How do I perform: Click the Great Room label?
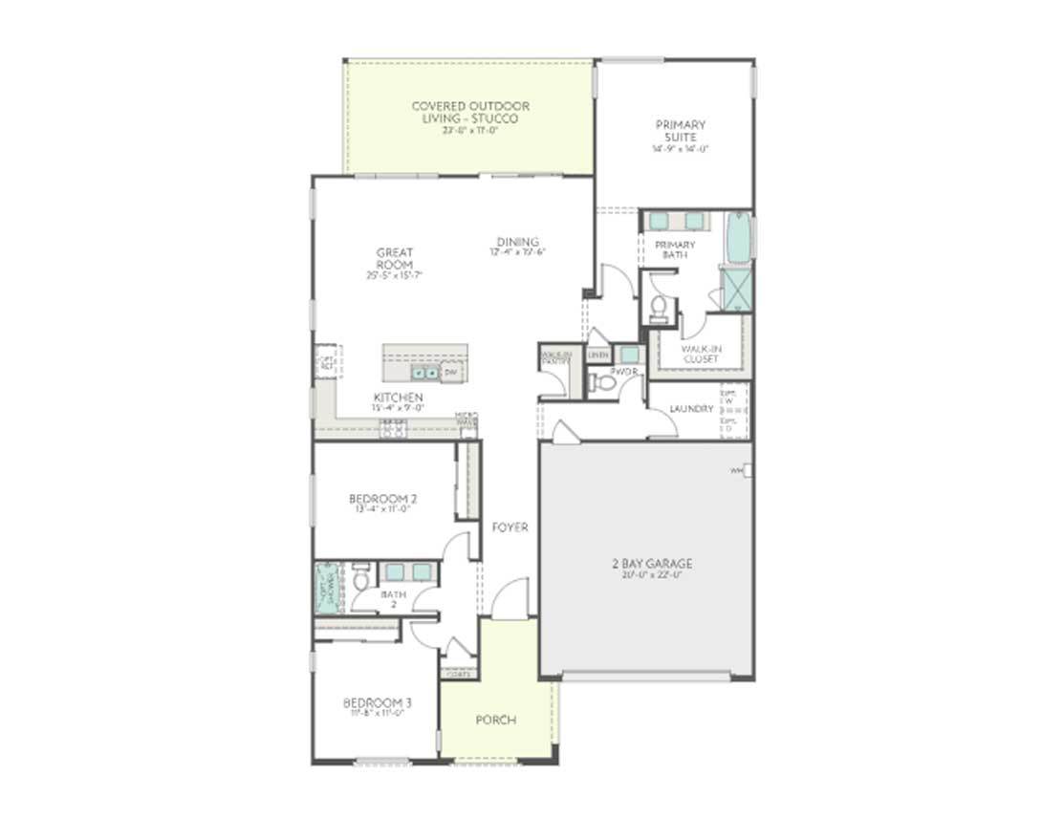[x=394, y=259]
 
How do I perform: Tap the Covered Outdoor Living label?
[x=469, y=113]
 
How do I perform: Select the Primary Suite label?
[x=680, y=131]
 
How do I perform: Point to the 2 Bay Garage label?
[x=652, y=564]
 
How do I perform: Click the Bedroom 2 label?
[x=382, y=499]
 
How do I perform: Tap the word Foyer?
[x=510, y=527]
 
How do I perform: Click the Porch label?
[x=495, y=720]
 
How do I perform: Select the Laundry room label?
[x=691, y=409]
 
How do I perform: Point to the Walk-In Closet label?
[x=701, y=354]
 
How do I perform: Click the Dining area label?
[x=517, y=242]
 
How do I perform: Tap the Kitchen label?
[x=398, y=398]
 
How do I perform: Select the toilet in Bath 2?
[x=361, y=580]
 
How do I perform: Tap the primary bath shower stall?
[x=736, y=287]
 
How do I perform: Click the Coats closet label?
[x=459, y=674]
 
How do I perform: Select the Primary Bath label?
[x=675, y=249]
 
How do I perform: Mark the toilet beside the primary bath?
[x=659, y=307]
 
